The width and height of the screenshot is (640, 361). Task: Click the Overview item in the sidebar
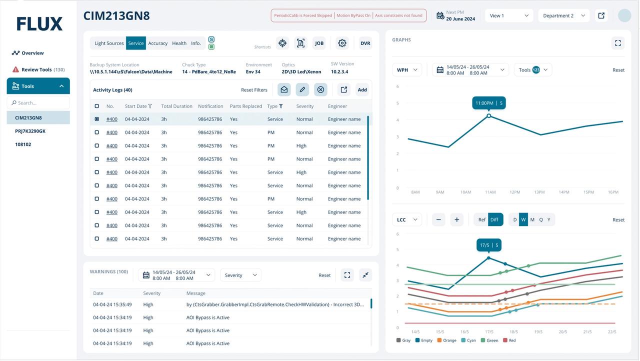point(28,53)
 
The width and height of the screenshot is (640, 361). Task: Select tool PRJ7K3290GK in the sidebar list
point(30,131)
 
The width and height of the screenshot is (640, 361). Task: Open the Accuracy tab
point(157,43)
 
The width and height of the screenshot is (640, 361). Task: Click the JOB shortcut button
point(319,43)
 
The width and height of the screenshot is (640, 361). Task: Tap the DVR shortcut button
point(365,43)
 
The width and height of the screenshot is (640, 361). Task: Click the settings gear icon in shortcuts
point(342,43)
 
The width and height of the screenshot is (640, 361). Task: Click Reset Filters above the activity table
point(254,90)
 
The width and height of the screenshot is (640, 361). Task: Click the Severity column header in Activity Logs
point(304,106)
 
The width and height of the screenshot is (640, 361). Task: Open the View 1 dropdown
point(508,15)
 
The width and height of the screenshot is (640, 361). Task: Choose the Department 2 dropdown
point(563,15)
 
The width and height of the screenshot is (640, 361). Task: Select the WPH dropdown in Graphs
point(406,70)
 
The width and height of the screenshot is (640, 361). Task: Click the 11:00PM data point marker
point(488,115)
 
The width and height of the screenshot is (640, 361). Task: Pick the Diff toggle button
point(494,219)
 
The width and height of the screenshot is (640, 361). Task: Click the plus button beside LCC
point(456,219)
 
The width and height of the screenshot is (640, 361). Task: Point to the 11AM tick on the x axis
point(490,192)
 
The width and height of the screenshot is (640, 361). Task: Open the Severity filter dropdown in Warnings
point(240,275)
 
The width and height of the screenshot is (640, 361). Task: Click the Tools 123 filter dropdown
point(533,70)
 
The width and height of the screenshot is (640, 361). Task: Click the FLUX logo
point(39,23)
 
